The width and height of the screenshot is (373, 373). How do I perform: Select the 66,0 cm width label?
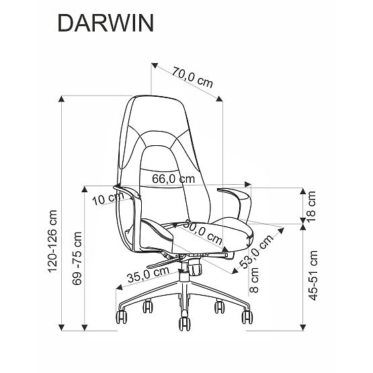point(173,179)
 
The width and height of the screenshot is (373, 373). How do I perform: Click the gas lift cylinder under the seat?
point(183,276)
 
